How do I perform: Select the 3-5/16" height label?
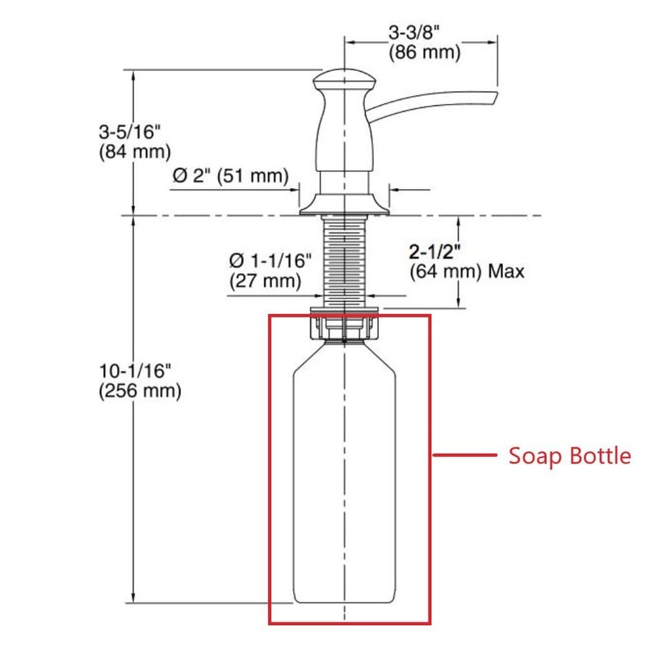[133, 130]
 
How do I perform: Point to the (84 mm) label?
[134, 150]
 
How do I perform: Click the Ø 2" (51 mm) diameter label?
[229, 175]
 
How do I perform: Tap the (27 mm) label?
[265, 281]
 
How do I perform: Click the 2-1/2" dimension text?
[441, 251]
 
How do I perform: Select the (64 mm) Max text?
[467, 271]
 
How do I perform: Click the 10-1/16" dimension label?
[134, 371]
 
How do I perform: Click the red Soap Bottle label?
[569, 456]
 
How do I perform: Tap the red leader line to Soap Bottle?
[464, 456]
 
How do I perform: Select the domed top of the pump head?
[345, 78]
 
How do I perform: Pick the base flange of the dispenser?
[345, 206]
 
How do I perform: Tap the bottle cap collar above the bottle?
[345, 327]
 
